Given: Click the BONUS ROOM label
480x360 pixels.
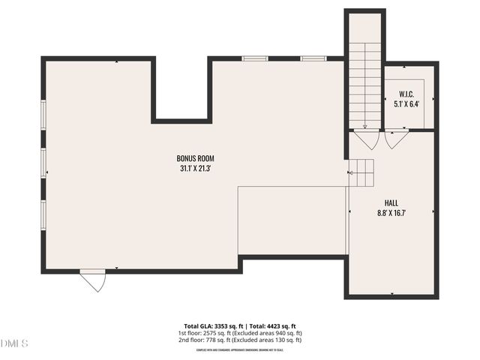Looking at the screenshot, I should [x=196, y=158].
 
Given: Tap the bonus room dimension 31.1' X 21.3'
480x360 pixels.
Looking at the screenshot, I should [x=196, y=169].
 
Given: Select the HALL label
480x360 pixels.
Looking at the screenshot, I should [x=391, y=203].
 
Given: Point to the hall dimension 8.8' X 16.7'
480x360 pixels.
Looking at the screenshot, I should [x=391, y=214].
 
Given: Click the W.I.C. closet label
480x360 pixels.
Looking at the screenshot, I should [x=406, y=94].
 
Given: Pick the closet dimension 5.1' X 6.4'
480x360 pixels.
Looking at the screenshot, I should [x=406, y=104].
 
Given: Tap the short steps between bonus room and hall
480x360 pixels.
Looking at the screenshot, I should [x=363, y=173].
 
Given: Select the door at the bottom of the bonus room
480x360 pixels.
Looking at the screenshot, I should [x=94, y=280].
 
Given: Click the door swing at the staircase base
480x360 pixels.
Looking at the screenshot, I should [x=367, y=139].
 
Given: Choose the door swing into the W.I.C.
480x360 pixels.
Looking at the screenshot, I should [x=395, y=139].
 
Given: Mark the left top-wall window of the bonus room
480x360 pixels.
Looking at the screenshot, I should [x=255, y=58].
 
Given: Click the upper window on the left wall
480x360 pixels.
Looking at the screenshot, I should [x=43, y=115].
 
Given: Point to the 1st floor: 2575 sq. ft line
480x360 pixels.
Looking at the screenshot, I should [x=239, y=333].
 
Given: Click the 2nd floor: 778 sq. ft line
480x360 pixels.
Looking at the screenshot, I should [x=239, y=340].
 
